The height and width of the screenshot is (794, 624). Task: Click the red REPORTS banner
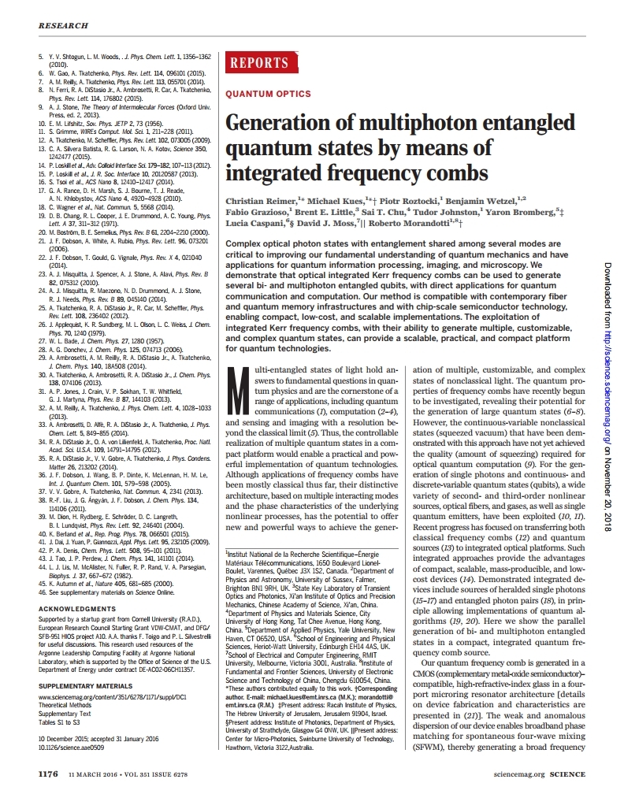click(258, 64)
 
